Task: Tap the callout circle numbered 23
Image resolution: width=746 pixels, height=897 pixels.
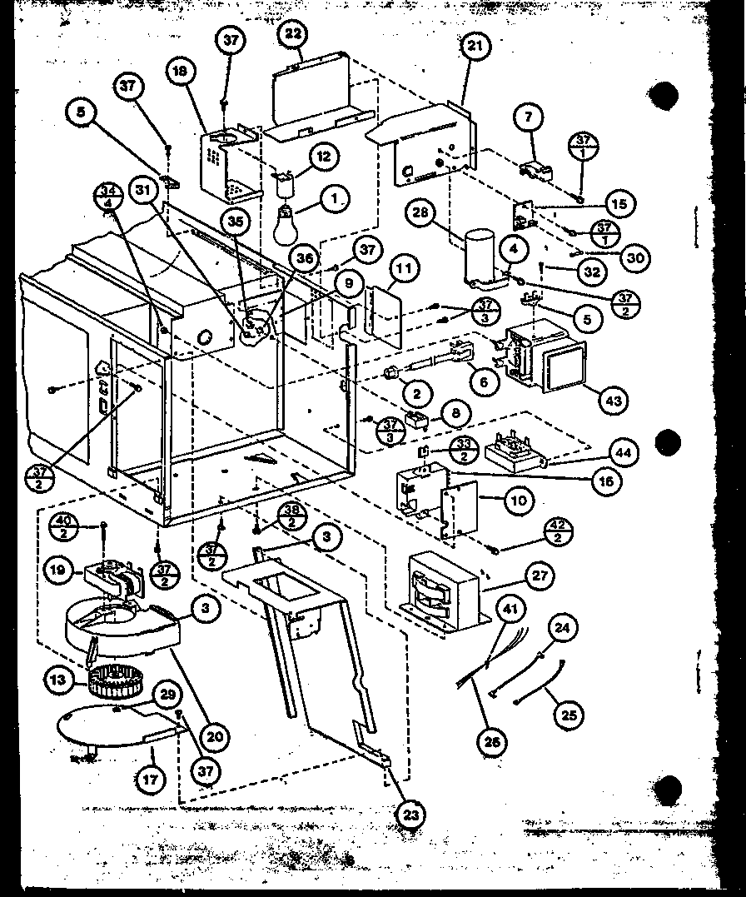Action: coord(410,815)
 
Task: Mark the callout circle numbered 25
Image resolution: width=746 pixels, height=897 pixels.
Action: coord(569,714)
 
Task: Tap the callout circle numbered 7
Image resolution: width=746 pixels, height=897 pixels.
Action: coord(529,117)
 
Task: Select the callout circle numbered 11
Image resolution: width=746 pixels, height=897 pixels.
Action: coord(403,270)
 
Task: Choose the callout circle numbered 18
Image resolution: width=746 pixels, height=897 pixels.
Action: coord(179,72)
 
